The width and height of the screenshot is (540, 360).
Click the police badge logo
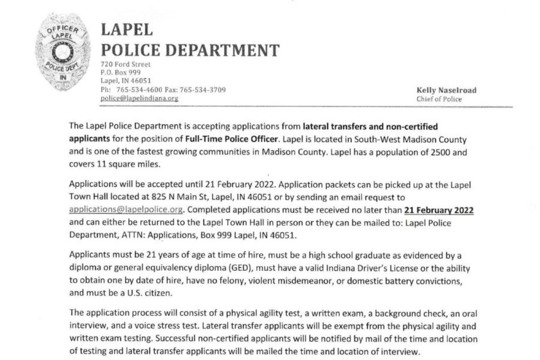[63, 52]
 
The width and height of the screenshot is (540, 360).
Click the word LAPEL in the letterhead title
[127, 30]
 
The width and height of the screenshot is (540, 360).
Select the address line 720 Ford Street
[126, 64]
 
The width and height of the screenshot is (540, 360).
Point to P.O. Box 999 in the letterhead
[121, 72]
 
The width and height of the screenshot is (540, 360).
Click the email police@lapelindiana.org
[139, 98]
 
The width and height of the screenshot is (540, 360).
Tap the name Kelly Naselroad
[446, 90]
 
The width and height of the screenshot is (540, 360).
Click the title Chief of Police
[439, 99]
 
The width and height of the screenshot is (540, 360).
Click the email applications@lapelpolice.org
[127, 210]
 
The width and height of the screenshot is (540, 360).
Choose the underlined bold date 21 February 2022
[439, 210]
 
